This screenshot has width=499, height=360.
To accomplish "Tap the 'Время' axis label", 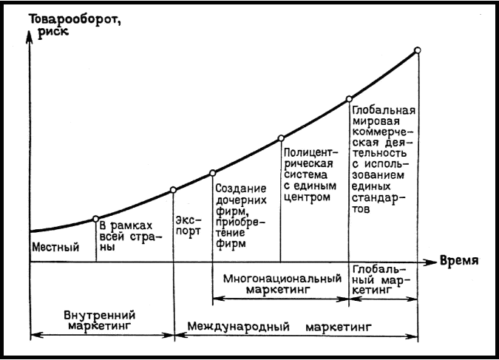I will [458, 261].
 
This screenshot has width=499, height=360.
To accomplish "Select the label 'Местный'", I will [55, 247].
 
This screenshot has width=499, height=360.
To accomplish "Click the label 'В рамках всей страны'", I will [128, 237].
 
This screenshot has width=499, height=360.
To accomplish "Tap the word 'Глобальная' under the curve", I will [384, 112].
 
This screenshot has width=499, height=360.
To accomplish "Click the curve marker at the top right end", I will [418, 50].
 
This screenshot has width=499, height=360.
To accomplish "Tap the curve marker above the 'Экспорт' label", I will [174, 190].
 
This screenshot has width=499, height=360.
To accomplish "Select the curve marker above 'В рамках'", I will [96, 218].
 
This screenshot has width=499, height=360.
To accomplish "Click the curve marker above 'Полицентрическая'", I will [281, 138].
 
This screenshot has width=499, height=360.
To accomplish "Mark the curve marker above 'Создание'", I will [213, 173].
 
